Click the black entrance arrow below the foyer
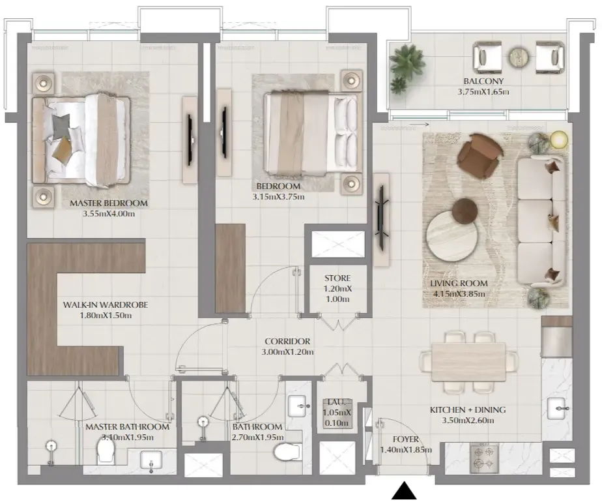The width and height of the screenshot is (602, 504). point(404,491)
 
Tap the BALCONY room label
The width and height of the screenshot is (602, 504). point(483,81)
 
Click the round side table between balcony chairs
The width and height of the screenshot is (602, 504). point(519,58)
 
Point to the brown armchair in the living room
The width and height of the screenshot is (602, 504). point(480,156)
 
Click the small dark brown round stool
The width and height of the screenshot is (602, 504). point(465,211)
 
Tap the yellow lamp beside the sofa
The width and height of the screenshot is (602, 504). point(558,140)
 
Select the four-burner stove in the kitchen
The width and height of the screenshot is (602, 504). point(483,458)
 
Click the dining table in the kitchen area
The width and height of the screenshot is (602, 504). point(468,362)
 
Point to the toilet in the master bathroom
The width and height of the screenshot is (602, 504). point(106,451)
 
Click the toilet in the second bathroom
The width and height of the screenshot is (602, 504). point(287,452)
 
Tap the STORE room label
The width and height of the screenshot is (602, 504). point(337,278)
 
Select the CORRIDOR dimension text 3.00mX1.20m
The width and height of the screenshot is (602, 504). point(287,352)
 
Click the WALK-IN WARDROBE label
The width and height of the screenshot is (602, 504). point(106,305)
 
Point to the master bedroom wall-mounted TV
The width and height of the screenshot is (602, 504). point(190,140)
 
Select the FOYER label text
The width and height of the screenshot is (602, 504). point(406,439)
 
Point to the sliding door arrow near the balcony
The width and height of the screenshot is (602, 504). point(419,125)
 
